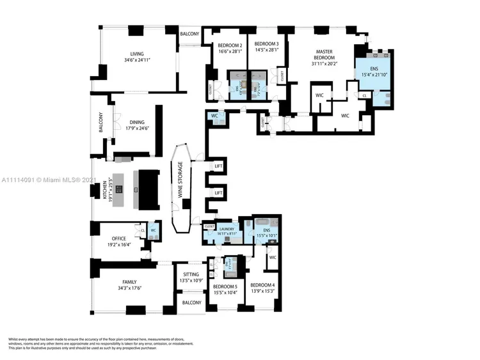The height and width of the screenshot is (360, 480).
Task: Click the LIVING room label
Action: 137,54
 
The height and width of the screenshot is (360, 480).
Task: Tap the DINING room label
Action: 137,122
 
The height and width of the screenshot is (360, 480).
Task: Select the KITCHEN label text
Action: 105,192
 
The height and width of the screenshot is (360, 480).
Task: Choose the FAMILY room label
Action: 129,282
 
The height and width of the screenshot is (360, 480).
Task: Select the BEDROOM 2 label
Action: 228,45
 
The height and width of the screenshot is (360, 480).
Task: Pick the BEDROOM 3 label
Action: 264,45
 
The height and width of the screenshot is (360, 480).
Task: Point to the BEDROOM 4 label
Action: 263,285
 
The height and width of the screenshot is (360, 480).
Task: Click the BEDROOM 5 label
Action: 225,286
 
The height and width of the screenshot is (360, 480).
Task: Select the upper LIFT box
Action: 218,166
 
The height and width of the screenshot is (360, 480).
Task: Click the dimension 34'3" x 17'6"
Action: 129,288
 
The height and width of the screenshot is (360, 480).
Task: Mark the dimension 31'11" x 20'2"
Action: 325,63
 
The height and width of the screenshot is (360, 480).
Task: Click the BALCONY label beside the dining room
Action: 100,123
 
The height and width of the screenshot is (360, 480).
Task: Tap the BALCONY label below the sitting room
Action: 191,302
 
